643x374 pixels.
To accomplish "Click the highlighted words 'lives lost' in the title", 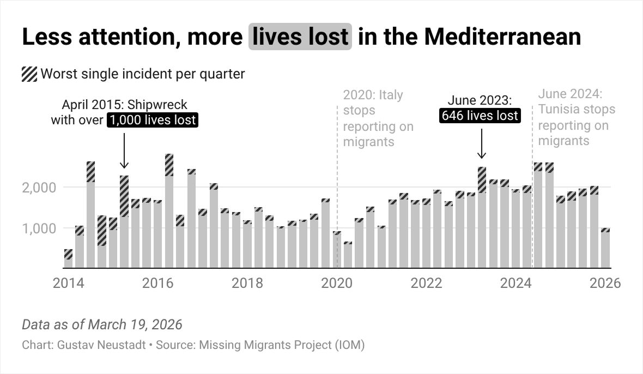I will pyautogui.click(x=300, y=37).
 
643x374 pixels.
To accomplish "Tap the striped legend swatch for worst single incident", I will pyautogui.click(x=29, y=74).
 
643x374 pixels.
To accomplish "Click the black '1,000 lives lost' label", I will pyautogui.click(x=153, y=120).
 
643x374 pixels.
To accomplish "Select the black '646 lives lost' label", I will pyautogui.click(x=479, y=116).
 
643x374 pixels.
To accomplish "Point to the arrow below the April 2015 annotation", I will pyautogui.click(x=124, y=150).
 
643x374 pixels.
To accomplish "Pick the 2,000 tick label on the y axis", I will pyautogui.click(x=39, y=188).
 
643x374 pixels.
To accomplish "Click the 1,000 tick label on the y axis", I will pyautogui.click(x=39, y=228).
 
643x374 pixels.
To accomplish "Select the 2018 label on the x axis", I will pyautogui.click(x=247, y=283).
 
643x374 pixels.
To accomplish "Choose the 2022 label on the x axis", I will pyautogui.click(x=426, y=283).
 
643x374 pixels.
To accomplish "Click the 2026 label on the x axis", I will pyautogui.click(x=605, y=283).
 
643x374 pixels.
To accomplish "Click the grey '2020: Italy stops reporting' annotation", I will pyautogui.click(x=378, y=118).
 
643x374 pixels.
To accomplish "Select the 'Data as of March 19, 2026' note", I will pyautogui.click(x=102, y=325).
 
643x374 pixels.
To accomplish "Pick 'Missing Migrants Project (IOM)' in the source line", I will pyautogui.click(x=282, y=345).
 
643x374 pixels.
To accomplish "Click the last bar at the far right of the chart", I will pyautogui.click(x=605, y=248).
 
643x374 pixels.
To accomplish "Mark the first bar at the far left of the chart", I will pyautogui.click(x=68, y=259).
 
